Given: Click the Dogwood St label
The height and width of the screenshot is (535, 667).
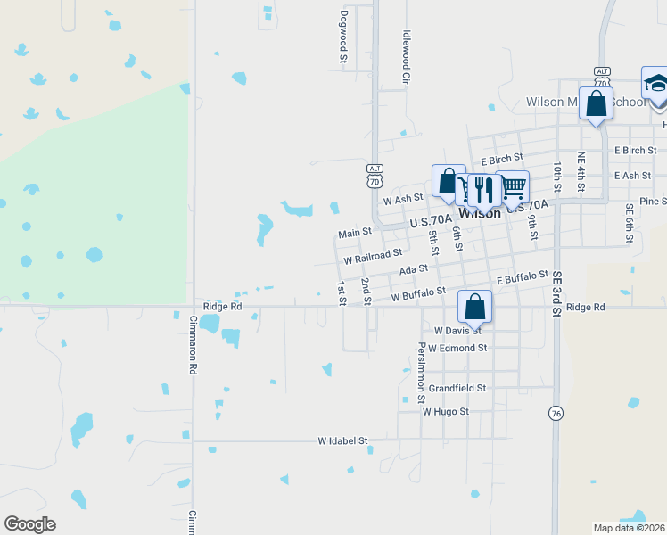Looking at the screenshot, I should (343, 37).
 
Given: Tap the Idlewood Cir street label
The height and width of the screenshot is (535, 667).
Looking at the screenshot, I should (405, 58).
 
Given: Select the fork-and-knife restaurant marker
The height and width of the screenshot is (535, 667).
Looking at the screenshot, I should (482, 188).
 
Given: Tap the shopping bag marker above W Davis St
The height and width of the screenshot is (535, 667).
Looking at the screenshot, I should (475, 307).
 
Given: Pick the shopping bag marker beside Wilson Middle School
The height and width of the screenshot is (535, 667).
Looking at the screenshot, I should (596, 103).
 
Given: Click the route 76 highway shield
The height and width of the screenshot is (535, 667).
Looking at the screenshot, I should (556, 414).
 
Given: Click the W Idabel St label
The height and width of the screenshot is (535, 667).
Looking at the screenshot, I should (343, 440).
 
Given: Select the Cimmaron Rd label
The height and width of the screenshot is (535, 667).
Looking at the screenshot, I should (194, 335).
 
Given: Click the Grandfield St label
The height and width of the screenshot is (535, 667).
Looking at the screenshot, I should (457, 388).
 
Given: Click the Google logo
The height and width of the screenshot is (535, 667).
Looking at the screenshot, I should (29, 524).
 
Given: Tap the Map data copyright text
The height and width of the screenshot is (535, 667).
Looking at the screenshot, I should (628, 528).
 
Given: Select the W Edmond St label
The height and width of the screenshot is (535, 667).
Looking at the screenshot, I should (457, 348).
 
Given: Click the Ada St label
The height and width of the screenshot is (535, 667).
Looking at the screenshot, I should (414, 269).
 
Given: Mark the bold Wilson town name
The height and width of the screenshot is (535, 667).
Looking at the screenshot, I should (479, 214).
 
